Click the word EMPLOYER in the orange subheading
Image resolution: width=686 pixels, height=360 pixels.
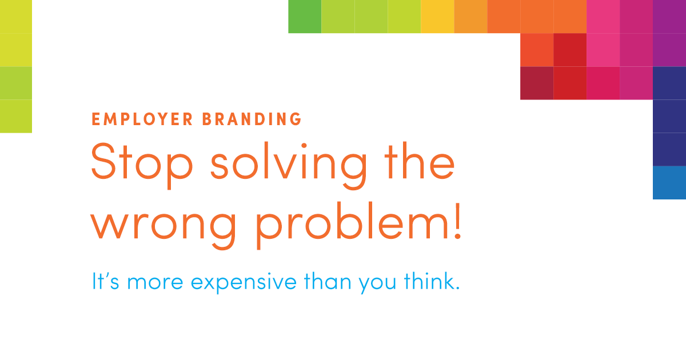tap(142, 119)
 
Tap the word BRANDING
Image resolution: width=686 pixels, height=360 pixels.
tap(252, 119)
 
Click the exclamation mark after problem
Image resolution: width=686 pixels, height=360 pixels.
tap(457, 220)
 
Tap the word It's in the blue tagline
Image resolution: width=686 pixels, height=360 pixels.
tap(105, 281)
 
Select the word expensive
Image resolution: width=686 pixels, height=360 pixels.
tap(244, 282)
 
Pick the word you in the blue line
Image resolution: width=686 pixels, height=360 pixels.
tap(378, 284)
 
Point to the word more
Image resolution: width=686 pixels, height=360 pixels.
tap(155, 282)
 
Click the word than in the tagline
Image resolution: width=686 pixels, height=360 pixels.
tap(328, 281)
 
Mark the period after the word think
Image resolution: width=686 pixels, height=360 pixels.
tap(458, 288)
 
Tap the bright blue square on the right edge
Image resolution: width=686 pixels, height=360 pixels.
tap(669, 183)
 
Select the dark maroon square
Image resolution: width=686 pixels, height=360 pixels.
tap(537, 83)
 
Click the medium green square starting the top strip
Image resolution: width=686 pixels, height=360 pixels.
tap(305, 17)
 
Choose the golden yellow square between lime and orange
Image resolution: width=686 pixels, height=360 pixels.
tap(437, 17)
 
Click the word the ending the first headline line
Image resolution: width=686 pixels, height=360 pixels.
tap(419, 161)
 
